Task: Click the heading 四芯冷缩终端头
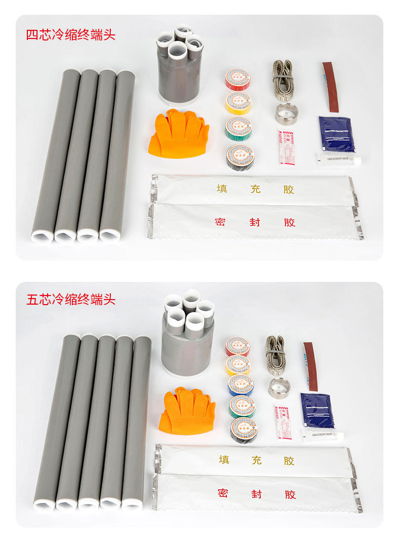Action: pyautogui.click(x=70, y=35)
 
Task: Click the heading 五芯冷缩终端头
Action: pyautogui.click(x=70, y=299)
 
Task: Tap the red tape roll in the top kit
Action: pyautogui.click(x=238, y=80)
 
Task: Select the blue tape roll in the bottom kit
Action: pyautogui.click(x=241, y=385)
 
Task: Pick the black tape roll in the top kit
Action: pyautogui.click(x=240, y=157)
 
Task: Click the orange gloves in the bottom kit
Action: pyautogui.click(x=187, y=410)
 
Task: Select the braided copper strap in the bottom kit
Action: pyautogui.click(x=275, y=354)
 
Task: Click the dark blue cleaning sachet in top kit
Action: pyautogui.click(x=336, y=134)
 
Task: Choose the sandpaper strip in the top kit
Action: pyautogui.click(x=331, y=87)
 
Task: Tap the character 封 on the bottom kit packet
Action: pyautogui.click(x=256, y=494)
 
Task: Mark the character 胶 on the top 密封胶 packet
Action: pyautogui.click(x=289, y=222)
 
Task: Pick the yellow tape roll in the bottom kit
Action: pyautogui.click(x=238, y=365)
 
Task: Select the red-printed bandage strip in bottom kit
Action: pyautogui.click(x=283, y=422)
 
